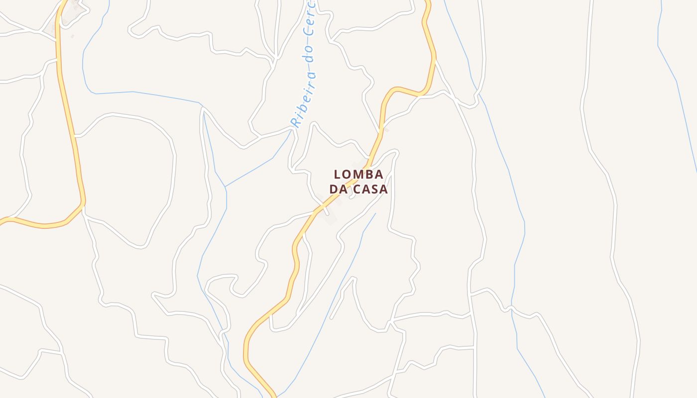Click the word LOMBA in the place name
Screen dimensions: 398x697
click(358, 175)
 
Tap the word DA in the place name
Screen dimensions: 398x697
click(338, 190)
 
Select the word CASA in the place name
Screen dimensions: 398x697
click(370, 190)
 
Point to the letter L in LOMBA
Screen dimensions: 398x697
click(338, 175)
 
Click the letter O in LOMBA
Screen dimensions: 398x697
click(348, 175)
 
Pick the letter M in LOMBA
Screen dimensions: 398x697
click(359, 175)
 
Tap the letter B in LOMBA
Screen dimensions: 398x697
click(370, 175)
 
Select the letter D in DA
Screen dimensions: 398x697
click(333, 190)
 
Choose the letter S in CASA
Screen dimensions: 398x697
click(375, 190)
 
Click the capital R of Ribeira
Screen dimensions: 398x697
click(295, 122)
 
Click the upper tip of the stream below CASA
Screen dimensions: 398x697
click(375, 213)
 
